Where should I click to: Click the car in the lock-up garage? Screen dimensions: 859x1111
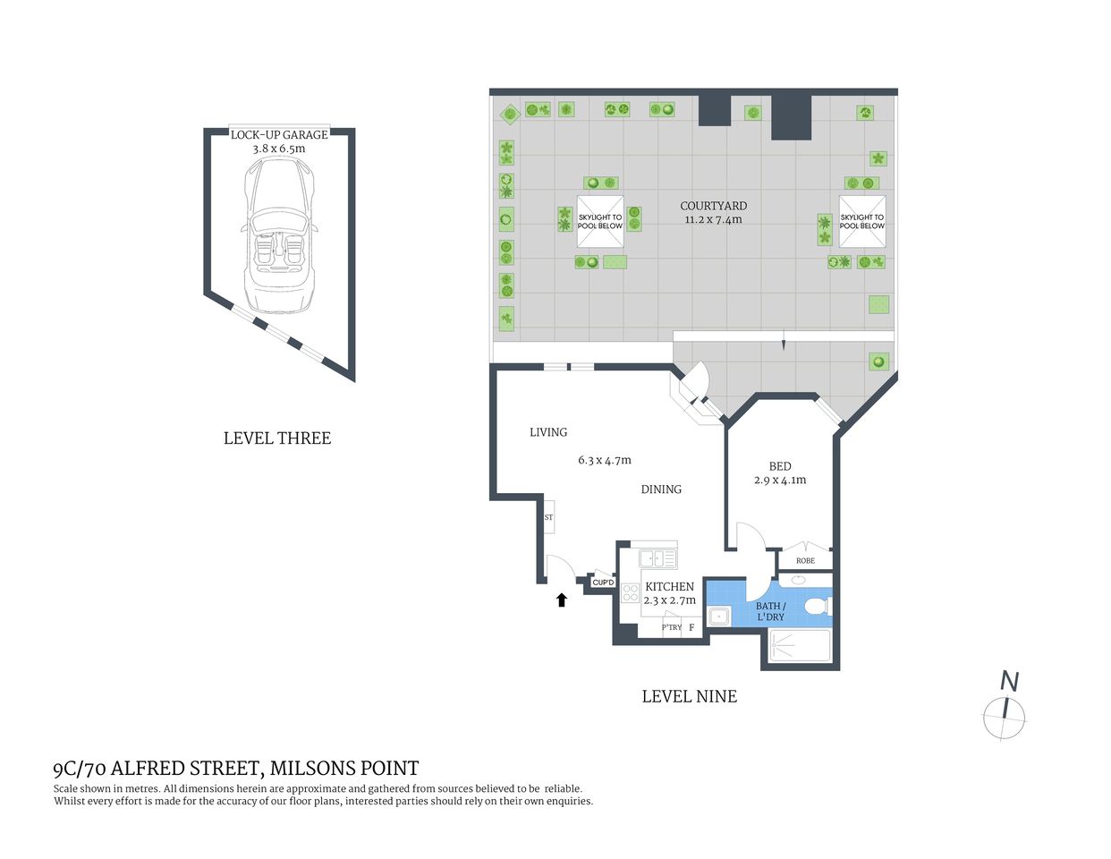[279, 234]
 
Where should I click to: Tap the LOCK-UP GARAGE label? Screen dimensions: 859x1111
[279, 134]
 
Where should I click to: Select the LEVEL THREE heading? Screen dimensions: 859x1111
[277, 438]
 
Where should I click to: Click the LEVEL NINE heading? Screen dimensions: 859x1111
[689, 696]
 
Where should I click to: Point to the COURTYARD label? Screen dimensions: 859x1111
[713, 206]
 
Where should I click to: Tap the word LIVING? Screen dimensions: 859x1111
[548, 432]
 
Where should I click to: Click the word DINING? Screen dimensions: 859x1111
[661, 489]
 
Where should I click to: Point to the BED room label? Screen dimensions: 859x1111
[780, 466]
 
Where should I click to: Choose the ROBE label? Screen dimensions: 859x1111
[805, 561]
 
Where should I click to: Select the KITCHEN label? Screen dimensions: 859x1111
[669, 587]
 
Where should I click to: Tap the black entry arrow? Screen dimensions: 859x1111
[562, 600]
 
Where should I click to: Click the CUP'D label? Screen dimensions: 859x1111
[603, 583]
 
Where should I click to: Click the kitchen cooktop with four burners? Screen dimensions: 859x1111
[631, 592]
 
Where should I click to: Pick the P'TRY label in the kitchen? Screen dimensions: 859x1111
[671, 627]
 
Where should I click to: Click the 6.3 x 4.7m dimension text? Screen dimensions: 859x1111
[605, 460]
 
